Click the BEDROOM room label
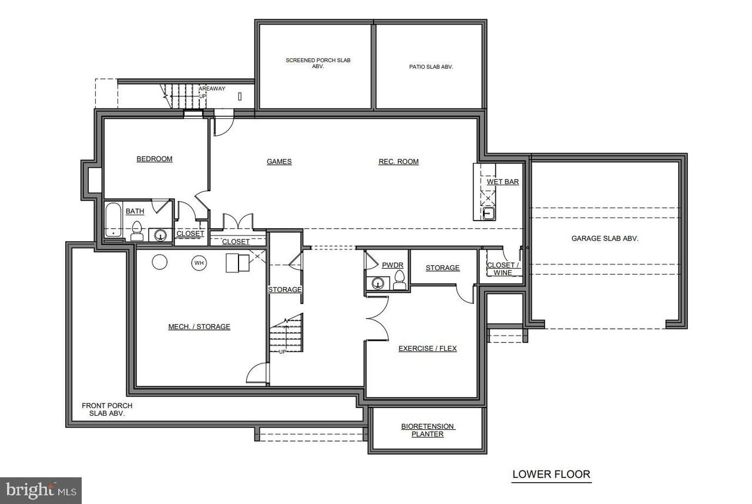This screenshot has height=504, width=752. [155, 159]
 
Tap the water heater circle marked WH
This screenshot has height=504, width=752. [199, 263]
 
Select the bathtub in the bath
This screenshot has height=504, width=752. [113, 219]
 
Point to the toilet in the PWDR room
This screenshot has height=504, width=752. [399, 280]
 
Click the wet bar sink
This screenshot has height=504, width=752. [488, 213]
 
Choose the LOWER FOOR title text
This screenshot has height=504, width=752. [551, 474]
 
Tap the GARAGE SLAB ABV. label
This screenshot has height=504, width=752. [605, 239]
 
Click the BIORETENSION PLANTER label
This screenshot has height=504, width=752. [427, 430]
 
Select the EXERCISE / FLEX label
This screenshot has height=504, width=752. [427, 348]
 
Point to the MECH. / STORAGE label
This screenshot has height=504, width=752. [199, 326]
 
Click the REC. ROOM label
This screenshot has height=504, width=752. [398, 162]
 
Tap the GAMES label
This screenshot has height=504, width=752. [279, 162]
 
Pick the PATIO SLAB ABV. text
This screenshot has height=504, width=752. [431, 67]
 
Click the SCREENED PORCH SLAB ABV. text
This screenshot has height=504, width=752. [318, 63]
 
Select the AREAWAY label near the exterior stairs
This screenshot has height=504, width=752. [212, 89]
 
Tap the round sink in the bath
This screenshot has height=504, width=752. [160, 235]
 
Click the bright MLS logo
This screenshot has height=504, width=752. [41, 490]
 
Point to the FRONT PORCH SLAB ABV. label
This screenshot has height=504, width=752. [107, 409]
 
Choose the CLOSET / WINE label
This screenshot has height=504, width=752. [502, 269]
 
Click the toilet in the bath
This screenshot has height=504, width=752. [137, 231]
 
